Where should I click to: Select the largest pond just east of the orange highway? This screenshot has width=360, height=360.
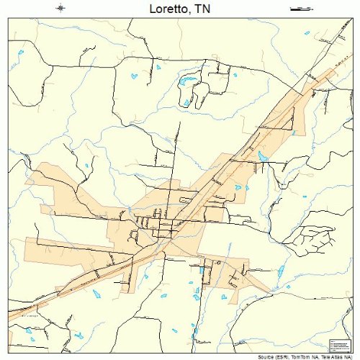tap(263, 156)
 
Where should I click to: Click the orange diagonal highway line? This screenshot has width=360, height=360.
tap(216, 180)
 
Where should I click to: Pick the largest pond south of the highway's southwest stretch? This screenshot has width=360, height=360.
tap(96, 293)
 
